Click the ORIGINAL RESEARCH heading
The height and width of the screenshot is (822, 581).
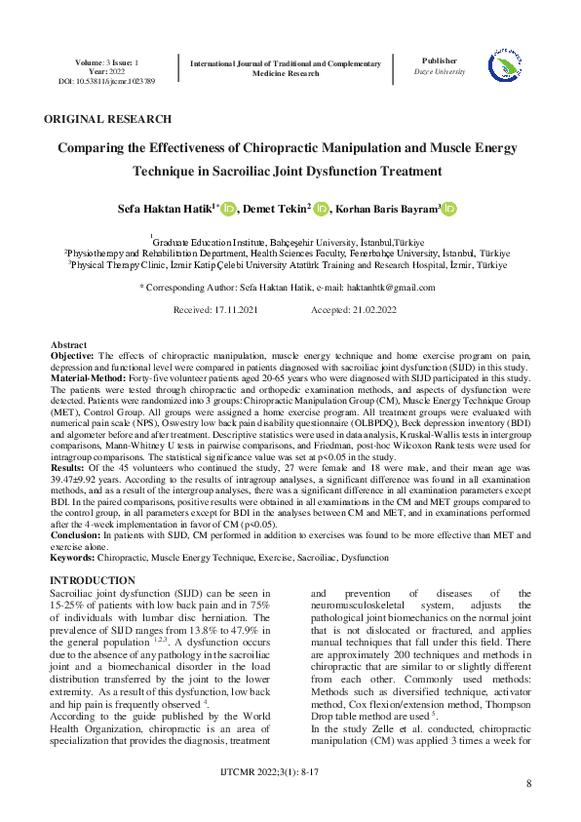point(107,119)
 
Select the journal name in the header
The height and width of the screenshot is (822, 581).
point(285,67)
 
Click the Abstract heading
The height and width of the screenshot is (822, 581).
point(68,346)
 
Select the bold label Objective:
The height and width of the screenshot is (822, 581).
point(72,356)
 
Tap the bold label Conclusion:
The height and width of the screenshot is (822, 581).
point(75,536)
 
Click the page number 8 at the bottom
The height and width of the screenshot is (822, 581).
point(528,784)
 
